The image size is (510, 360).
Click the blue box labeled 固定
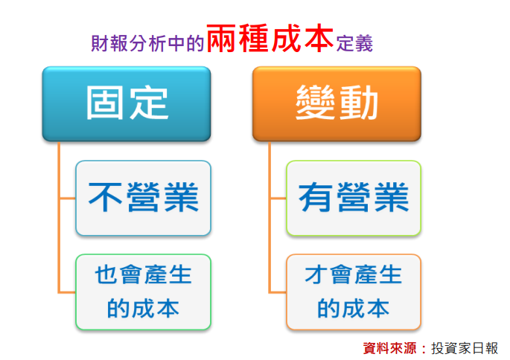(x=127, y=104)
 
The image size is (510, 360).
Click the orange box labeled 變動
(x=337, y=104)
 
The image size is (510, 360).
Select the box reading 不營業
(x=143, y=198)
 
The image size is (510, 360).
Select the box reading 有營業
(x=354, y=198)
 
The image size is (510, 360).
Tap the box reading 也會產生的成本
(x=143, y=292)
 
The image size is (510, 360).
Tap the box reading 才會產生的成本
(x=354, y=292)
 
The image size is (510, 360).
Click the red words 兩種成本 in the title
(x=270, y=39)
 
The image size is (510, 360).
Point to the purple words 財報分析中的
(x=147, y=43)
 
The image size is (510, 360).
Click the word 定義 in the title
(x=354, y=44)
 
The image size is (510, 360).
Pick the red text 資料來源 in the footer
(x=389, y=348)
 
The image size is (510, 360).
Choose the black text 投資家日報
(x=465, y=348)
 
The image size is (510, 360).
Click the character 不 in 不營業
(x=105, y=197)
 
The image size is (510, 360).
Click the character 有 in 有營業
(x=316, y=197)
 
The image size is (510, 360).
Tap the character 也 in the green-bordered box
(x=106, y=274)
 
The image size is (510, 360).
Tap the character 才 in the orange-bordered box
(x=316, y=274)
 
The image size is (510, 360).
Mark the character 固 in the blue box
(x=105, y=103)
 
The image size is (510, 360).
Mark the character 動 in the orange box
(x=358, y=103)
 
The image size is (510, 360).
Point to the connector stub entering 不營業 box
(x=67, y=198)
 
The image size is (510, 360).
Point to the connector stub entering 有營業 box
(x=278, y=198)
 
